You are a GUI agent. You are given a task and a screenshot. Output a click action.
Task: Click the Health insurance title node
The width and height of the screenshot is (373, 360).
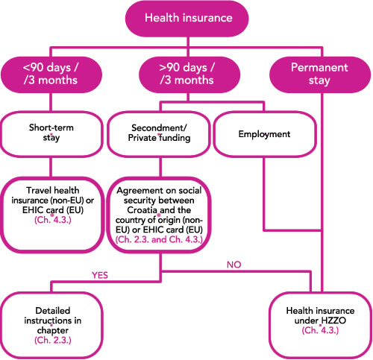tap(187, 19)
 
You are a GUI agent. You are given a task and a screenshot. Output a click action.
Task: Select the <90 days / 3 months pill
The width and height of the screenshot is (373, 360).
tap(51, 75)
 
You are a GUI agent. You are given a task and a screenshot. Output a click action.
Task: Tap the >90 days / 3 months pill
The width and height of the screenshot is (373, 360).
tap(189, 75)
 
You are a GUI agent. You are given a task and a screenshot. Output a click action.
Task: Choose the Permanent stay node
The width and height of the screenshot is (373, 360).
tap(320, 75)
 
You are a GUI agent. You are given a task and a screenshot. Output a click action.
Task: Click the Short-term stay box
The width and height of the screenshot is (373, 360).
tap(51, 134)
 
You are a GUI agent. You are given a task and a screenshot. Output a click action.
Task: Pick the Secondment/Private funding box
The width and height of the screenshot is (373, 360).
tap(159, 134)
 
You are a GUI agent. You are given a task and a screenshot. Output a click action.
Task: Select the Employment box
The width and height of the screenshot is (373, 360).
tap(265, 134)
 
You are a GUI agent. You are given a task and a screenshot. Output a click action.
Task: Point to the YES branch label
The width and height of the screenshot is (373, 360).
tap(100, 275)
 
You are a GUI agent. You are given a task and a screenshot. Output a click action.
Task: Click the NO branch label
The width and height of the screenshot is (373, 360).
tap(234, 265)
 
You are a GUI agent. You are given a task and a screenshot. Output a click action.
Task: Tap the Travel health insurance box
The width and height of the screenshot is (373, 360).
tap(52, 215)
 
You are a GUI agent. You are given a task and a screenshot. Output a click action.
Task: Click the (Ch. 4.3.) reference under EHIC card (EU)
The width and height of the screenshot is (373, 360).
tap(53, 220)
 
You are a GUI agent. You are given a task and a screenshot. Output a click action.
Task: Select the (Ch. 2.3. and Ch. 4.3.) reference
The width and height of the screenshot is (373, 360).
tap(159, 239)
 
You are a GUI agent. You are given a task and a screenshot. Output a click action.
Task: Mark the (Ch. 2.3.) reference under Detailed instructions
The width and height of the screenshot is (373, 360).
tap(53, 340)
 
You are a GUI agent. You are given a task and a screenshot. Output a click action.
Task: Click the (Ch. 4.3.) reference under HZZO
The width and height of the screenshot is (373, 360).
tap(320, 330)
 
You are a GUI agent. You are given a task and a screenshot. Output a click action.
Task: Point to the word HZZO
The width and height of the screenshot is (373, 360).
tap(333, 320)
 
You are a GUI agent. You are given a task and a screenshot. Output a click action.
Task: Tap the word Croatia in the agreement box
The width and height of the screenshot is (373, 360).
tap(142, 210)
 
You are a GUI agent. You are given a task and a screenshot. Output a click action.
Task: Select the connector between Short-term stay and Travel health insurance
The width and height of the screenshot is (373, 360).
tap(51, 167)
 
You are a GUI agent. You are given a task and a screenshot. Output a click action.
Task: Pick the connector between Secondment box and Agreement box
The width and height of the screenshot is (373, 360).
tap(160, 167)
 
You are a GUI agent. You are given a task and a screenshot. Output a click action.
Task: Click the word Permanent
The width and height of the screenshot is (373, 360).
tap(319, 67)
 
